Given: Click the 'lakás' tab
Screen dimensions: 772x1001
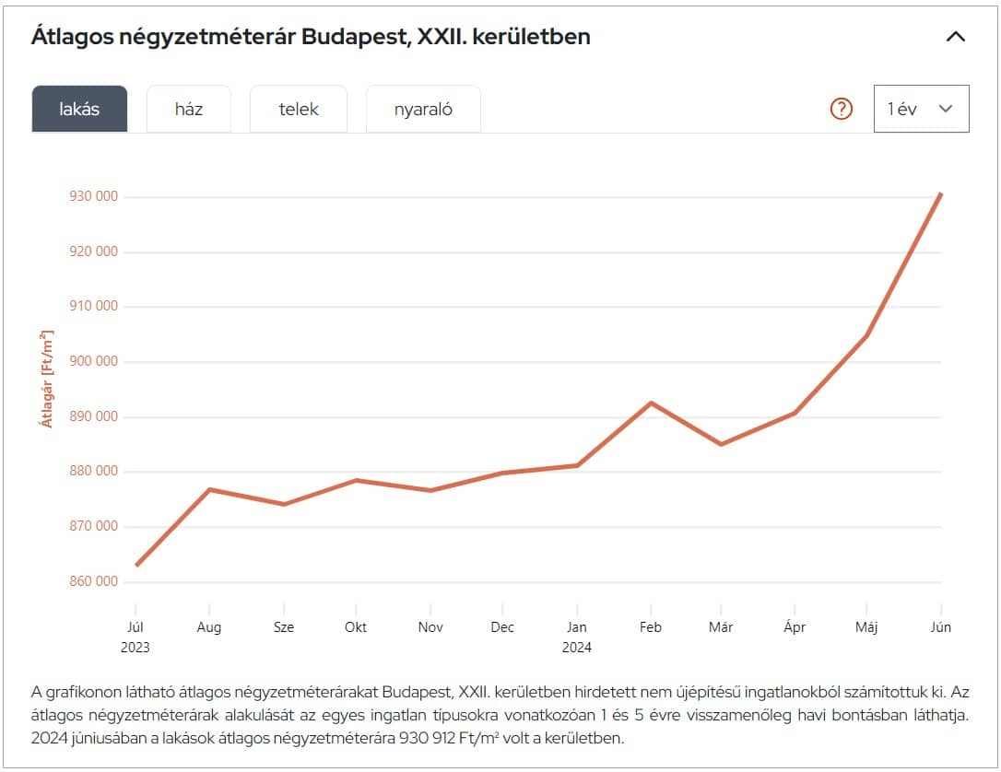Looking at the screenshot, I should tap(79, 109).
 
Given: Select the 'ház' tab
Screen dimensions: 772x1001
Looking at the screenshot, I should tap(189, 109).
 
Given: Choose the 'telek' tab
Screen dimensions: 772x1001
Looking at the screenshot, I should tap(299, 109).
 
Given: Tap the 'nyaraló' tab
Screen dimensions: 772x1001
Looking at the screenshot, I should tap(423, 109).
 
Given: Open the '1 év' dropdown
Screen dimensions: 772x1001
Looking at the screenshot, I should tap(921, 109).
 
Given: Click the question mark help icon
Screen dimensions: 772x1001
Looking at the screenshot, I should tap(842, 109).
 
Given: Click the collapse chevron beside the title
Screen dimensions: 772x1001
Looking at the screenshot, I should tap(956, 37).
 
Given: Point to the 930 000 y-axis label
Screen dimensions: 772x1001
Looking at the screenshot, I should tap(94, 196).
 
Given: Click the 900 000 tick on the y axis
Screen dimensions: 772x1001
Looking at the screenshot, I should tap(94, 361).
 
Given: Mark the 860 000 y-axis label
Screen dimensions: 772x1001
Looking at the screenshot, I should tap(94, 581).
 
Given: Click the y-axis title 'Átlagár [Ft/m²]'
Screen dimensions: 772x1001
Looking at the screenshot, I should tap(45, 378).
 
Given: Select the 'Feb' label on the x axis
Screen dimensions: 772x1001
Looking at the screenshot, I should tap(651, 627).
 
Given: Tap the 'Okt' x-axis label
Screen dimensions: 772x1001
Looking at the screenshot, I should tap(356, 627).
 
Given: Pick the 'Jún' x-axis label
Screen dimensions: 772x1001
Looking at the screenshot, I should tap(940, 627).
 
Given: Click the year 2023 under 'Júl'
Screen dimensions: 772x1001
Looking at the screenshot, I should tap(135, 647).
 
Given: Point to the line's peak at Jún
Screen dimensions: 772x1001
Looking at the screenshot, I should tap(940, 193).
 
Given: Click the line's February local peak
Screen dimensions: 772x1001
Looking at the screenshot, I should tap(651, 403).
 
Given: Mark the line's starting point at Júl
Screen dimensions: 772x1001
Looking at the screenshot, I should tap(136, 565).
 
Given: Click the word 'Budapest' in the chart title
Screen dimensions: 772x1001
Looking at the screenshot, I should tap(355, 37).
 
